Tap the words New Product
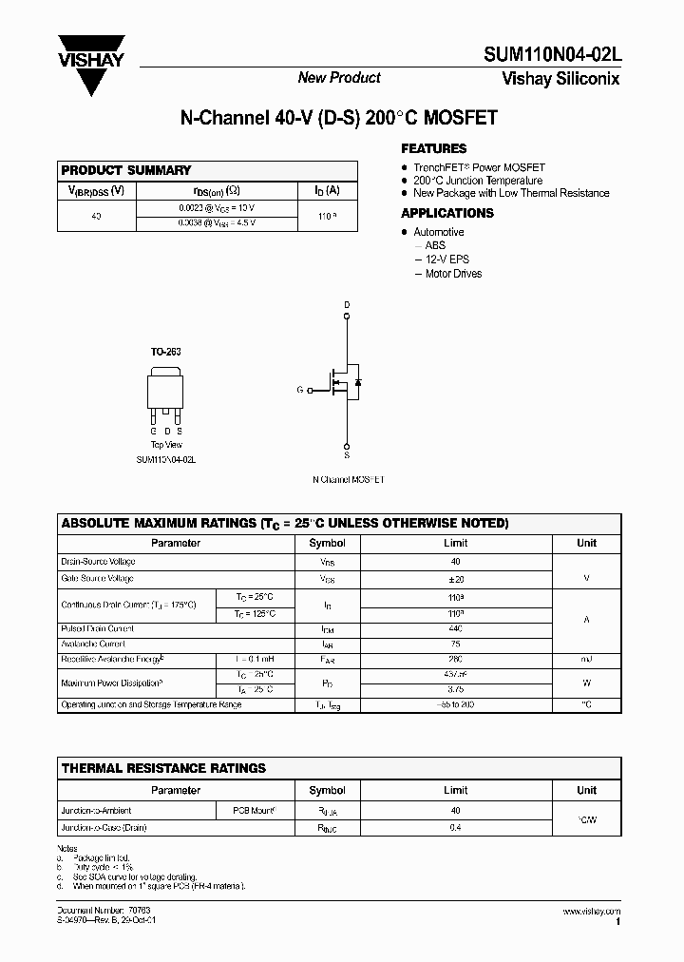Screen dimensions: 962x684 [x=339, y=78]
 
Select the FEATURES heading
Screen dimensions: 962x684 [x=433, y=148]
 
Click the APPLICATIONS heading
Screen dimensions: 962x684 [x=447, y=213]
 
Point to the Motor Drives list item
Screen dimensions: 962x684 [x=453, y=274]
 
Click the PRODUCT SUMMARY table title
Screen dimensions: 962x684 [x=126, y=170]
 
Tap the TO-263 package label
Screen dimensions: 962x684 [x=165, y=352]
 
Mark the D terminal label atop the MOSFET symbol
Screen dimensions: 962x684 [x=347, y=305]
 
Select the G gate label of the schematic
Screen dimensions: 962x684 [x=300, y=390]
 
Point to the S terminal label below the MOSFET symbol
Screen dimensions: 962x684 [x=347, y=455]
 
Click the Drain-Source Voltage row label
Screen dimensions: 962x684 [x=98, y=562]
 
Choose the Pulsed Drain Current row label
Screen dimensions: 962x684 [x=97, y=628]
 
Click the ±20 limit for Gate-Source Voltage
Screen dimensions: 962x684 [x=456, y=578]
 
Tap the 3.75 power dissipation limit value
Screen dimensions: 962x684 [x=456, y=689]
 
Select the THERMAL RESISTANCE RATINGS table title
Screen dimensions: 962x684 [x=163, y=768]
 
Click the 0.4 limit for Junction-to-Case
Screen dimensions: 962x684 [x=456, y=828]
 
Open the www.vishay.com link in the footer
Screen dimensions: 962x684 [x=592, y=912]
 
